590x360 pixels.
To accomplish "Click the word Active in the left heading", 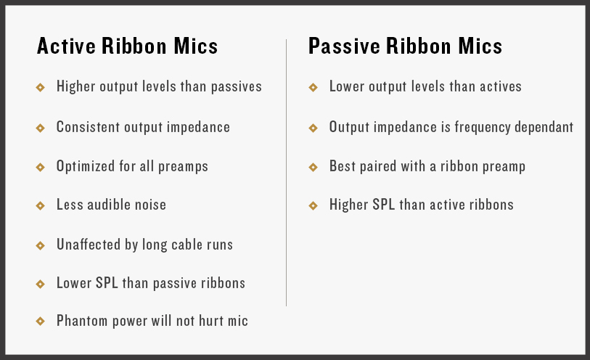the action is click(66, 46).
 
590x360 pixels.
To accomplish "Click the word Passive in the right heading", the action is click(344, 46).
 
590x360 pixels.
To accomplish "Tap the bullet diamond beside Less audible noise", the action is click(40, 205).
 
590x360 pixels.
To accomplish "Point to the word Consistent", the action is click(88, 127).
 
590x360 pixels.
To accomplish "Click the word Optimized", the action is click(86, 166).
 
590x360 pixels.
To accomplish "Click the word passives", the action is click(237, 87).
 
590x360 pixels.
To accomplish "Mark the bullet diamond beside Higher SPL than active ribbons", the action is click(313, 205).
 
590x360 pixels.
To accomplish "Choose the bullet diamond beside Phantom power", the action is click(40, 321).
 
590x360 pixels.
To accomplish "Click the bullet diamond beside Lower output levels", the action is click(313, 87).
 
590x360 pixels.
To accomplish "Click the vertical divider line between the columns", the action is click(287, 172).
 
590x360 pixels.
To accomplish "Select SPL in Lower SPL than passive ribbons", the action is click(107, 282).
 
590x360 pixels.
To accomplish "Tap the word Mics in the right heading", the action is click(480, 46).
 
